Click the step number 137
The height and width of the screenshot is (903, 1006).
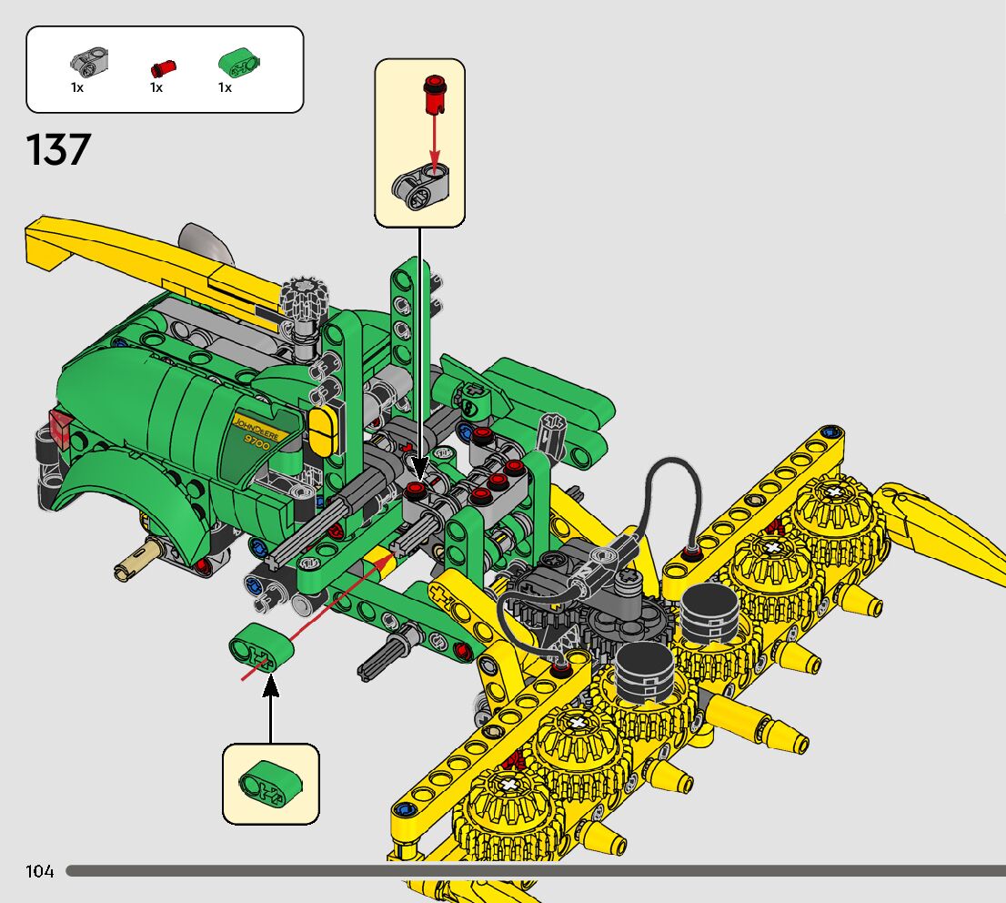click(x=58, y=149)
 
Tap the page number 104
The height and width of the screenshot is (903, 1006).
click(x=40, y=871)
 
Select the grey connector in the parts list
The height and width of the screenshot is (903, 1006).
click(x=89, y=62)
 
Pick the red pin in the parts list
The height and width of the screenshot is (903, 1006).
click(x=163, y=67)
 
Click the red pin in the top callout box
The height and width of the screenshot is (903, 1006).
click(x=435, y=93)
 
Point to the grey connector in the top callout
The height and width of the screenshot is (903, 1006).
click(x=420, y=187)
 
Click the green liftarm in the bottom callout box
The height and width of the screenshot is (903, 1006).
click(x=270, y=782)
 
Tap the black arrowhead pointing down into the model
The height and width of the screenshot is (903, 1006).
click(x=419, y=467)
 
